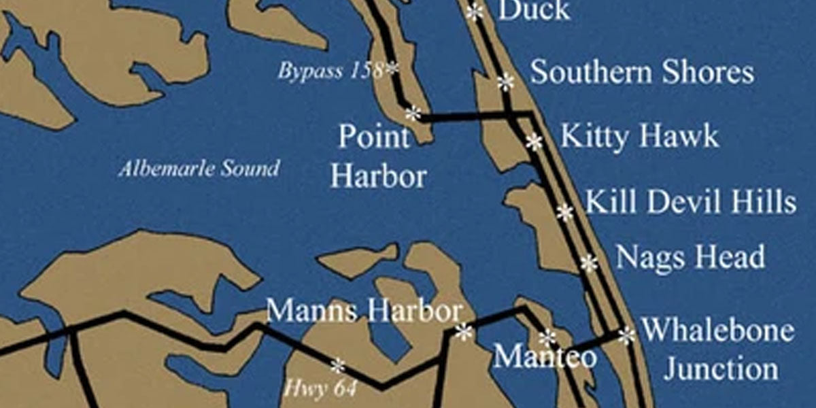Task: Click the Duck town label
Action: tap(533, 10)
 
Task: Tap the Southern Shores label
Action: tap(641, 72)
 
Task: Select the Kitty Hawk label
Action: tap(639, 136)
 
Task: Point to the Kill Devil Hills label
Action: tap(690, 202)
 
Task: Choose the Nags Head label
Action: tap(690, 258)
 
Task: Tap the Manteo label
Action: tap(545, 356)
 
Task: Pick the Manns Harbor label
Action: tap(364, 312)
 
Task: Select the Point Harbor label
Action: tap(378, 158)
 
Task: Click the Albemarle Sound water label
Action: tap(199, 169)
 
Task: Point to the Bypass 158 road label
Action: tap(330, 70)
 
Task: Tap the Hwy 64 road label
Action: tap(320, 389)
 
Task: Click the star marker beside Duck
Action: tap(475, 12)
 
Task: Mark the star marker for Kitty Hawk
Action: tap(534, 141)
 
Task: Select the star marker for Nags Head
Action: tap(589, 262)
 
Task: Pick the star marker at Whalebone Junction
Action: tap(626, 334)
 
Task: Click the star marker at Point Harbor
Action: tap(413, 113)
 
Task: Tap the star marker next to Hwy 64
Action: tap(337, 366)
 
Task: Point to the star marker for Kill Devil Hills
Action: tap(564, 212)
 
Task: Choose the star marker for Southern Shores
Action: tap(505, 82)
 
